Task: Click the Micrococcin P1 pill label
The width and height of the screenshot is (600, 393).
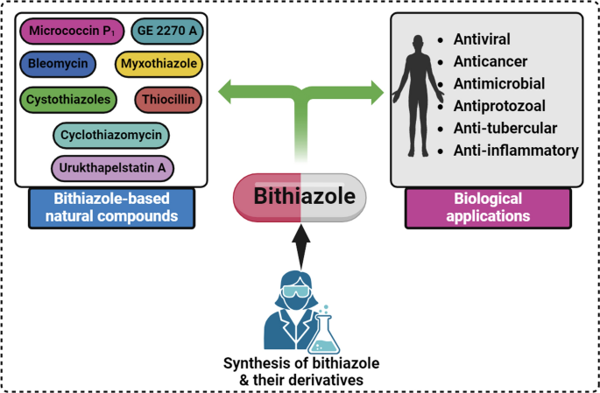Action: (70, 32)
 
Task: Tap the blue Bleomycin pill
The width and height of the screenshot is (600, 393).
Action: (60, 64)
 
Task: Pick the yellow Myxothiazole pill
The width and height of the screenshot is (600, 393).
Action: (159, 65)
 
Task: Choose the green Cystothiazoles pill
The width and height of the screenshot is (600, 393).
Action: (68, 100)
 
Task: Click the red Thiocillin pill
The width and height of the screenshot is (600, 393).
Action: (168, 100)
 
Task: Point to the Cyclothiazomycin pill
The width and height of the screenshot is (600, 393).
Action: (110, 136)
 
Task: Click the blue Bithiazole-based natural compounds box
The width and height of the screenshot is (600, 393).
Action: (110, 207)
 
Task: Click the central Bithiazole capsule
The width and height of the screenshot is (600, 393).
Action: (300, 196)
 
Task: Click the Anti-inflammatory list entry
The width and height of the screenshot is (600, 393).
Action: (516, 151)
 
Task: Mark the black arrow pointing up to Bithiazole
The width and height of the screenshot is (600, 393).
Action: (300, 244)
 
